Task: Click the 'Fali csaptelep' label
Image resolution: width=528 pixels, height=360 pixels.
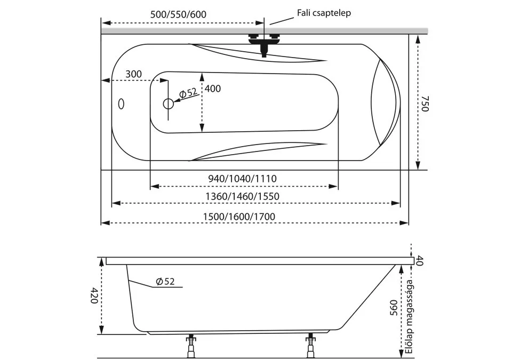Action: coord(323,13)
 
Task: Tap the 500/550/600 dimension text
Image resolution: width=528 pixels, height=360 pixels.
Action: coord(178,14)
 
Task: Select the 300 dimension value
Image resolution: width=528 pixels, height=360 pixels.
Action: coord(134,74)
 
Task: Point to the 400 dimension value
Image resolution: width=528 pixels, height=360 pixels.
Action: coord(212,89)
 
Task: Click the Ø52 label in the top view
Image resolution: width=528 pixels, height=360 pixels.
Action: coord(189,93)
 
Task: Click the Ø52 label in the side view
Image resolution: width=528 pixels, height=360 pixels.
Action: coord(165,281)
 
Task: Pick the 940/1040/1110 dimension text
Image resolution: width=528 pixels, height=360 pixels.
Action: coord(243,178)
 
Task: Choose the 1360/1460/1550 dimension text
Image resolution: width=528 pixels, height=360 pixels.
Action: coord(243,196)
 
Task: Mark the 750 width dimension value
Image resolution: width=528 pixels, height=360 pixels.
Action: coord(425,103)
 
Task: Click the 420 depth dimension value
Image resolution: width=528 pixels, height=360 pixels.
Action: coord(93,295)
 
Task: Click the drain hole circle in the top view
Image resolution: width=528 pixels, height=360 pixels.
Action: coord(169,104)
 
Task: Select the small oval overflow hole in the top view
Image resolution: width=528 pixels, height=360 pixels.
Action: coord(121,103)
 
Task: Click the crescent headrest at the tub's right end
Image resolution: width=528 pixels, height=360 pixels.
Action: coord(385,102)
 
